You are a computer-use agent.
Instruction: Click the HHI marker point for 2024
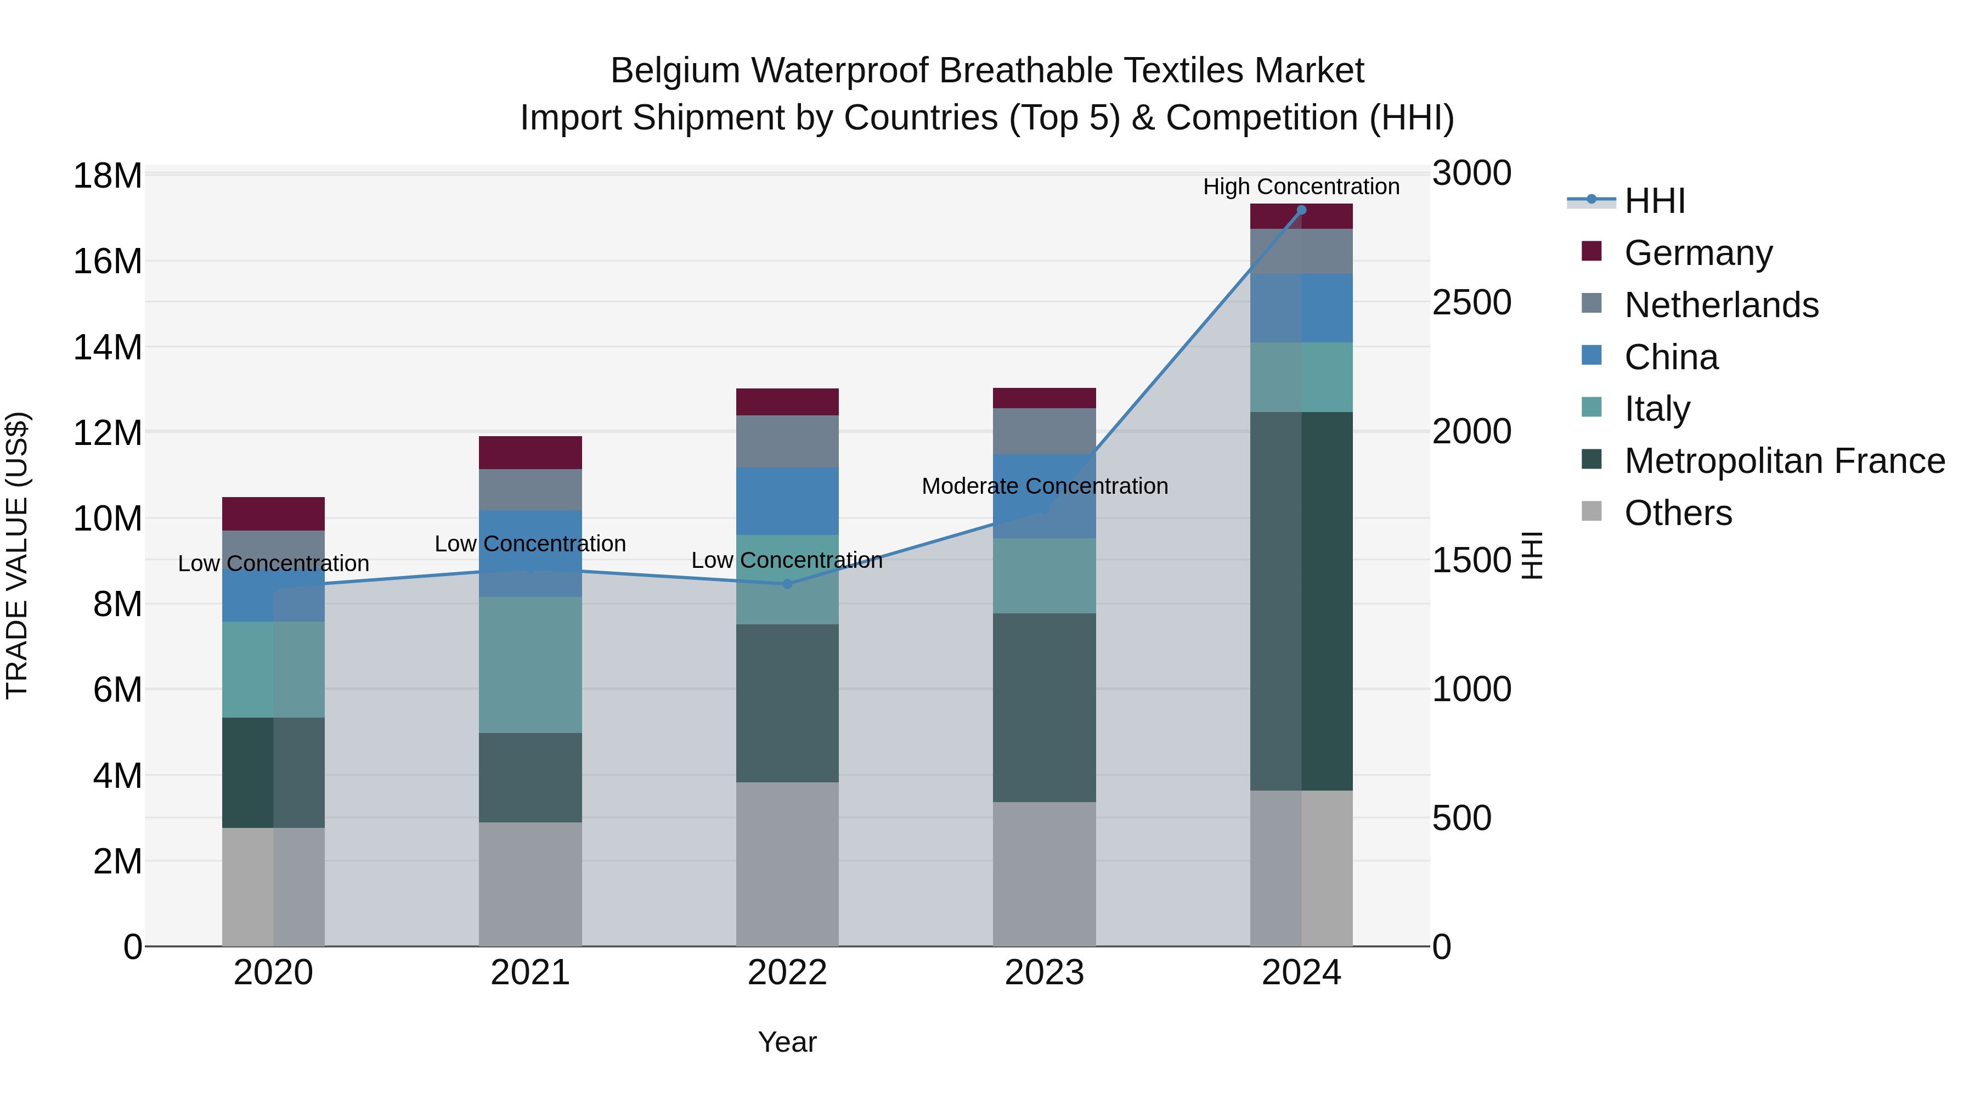pos(1301,210)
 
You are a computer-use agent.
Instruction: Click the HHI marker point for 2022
pos(787,584)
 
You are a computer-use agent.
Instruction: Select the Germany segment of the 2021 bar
pos(530,453)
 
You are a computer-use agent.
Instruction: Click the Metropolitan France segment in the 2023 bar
pos(1044,708)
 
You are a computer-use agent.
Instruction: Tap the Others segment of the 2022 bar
pos(787,864)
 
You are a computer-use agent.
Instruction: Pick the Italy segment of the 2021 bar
pos(530,665)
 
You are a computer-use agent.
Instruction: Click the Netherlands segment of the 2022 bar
pos(787,442)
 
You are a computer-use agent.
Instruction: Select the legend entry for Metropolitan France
pos(1784,461)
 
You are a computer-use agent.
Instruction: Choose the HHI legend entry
pos(1655,201)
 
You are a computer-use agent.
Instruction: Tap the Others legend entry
pos(1678,513)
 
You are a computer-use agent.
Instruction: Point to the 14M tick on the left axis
pos(108,347)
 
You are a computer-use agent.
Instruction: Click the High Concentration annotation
pos(1301,187)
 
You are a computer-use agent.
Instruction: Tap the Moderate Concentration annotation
pos(1044,486)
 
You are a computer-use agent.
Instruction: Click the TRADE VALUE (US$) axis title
pos(17,555)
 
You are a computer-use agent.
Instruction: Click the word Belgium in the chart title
pos(675,71)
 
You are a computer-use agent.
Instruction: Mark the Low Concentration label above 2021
pos(530,544)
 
